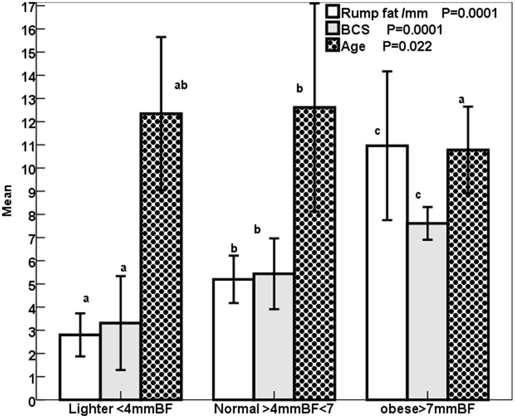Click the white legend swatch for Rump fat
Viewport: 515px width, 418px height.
[333, 13]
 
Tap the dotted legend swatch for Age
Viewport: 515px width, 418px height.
[333, 46]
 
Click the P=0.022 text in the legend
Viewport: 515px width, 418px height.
[407, 46]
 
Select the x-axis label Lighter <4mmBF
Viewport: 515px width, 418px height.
[121, 409]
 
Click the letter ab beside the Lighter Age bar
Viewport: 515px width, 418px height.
[181, 85]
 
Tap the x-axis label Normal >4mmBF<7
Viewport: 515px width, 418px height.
[274, 409]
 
